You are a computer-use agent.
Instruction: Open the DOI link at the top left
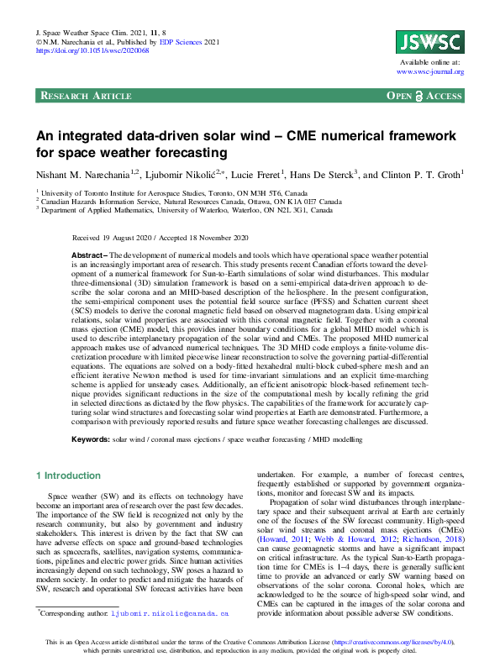click(92, 50)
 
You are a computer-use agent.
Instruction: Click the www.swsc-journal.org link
click(430, 72)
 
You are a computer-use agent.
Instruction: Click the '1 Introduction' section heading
click(71, 475)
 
